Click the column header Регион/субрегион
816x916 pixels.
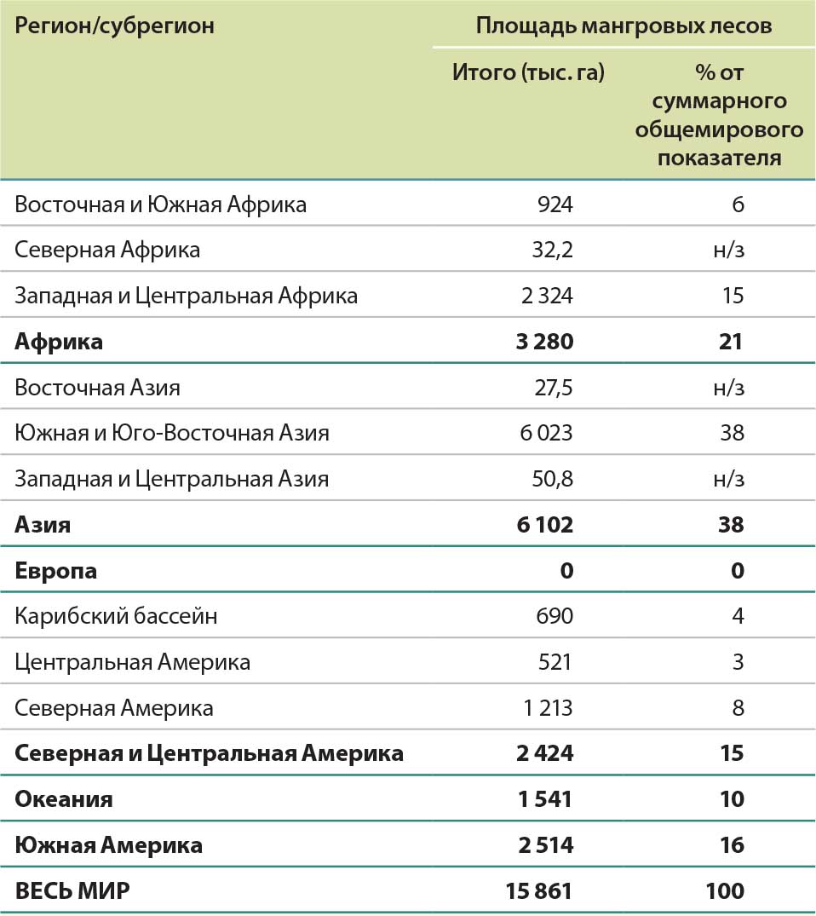114,26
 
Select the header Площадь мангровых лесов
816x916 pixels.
623,26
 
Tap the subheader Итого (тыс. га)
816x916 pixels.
528,72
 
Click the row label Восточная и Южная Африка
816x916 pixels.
160,205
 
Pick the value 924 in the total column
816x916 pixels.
555,205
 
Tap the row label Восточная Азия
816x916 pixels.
97,388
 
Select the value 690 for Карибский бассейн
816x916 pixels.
555,615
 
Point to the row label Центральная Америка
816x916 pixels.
132,661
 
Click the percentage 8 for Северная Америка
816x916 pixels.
738,707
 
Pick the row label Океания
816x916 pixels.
63,799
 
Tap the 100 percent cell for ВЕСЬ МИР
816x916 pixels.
725,891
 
